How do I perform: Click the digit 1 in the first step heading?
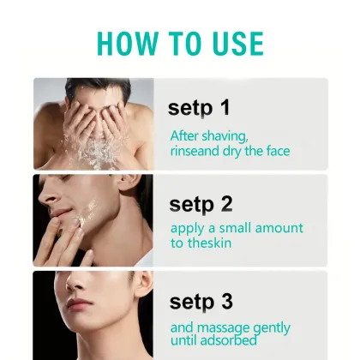(225, 107)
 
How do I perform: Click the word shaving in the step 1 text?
(225, 136)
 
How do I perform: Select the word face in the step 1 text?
(278, 151)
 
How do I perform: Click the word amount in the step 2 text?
(279, 228)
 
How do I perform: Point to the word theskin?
(209, 243)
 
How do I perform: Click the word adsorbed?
(228, 340)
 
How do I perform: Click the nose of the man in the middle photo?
(47, 195)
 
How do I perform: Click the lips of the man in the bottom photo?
(76, 305)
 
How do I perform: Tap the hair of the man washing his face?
(97, 87)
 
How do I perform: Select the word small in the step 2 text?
(235, 228)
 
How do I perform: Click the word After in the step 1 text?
(184, 136)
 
